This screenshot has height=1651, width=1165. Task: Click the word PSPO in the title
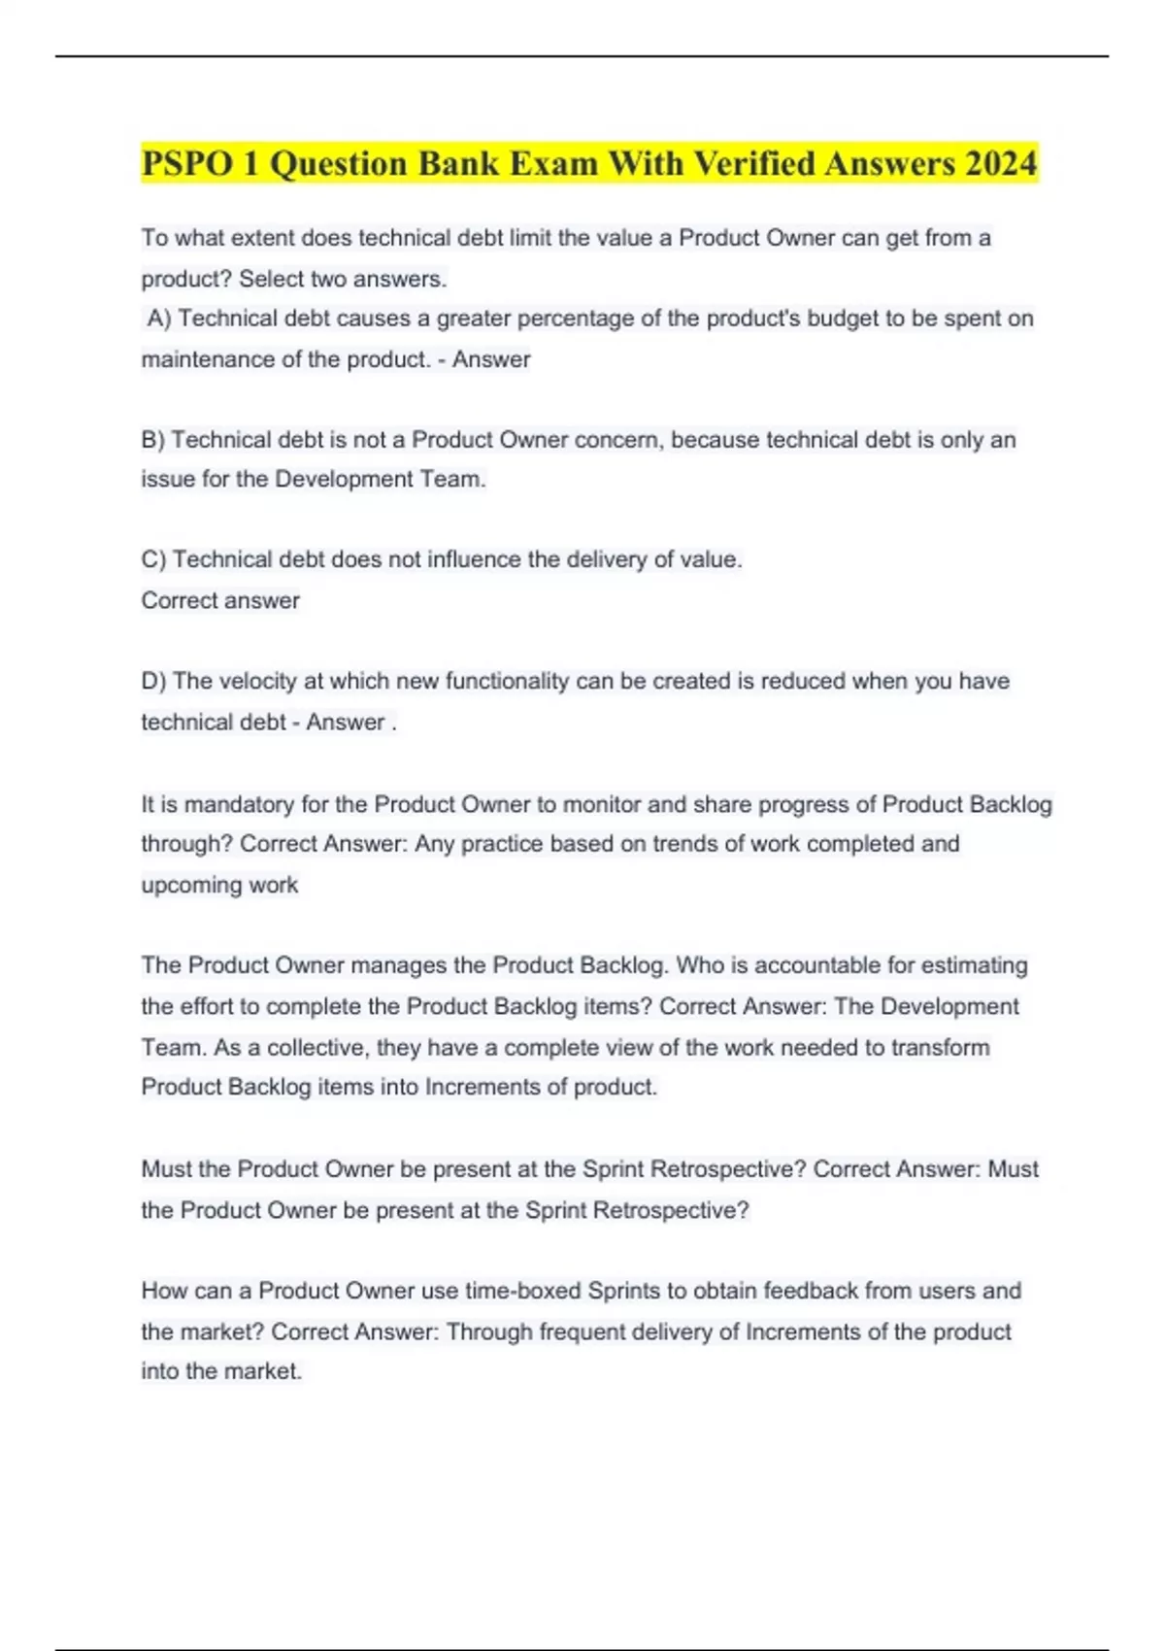[186, 163]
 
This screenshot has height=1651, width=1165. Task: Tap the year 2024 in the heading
[1000, 163]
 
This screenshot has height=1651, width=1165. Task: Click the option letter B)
[153, 440]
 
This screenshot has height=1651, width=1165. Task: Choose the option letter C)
[154, 559]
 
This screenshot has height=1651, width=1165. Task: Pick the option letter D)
[154, 681]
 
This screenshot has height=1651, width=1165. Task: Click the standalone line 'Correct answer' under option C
[220, 600]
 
